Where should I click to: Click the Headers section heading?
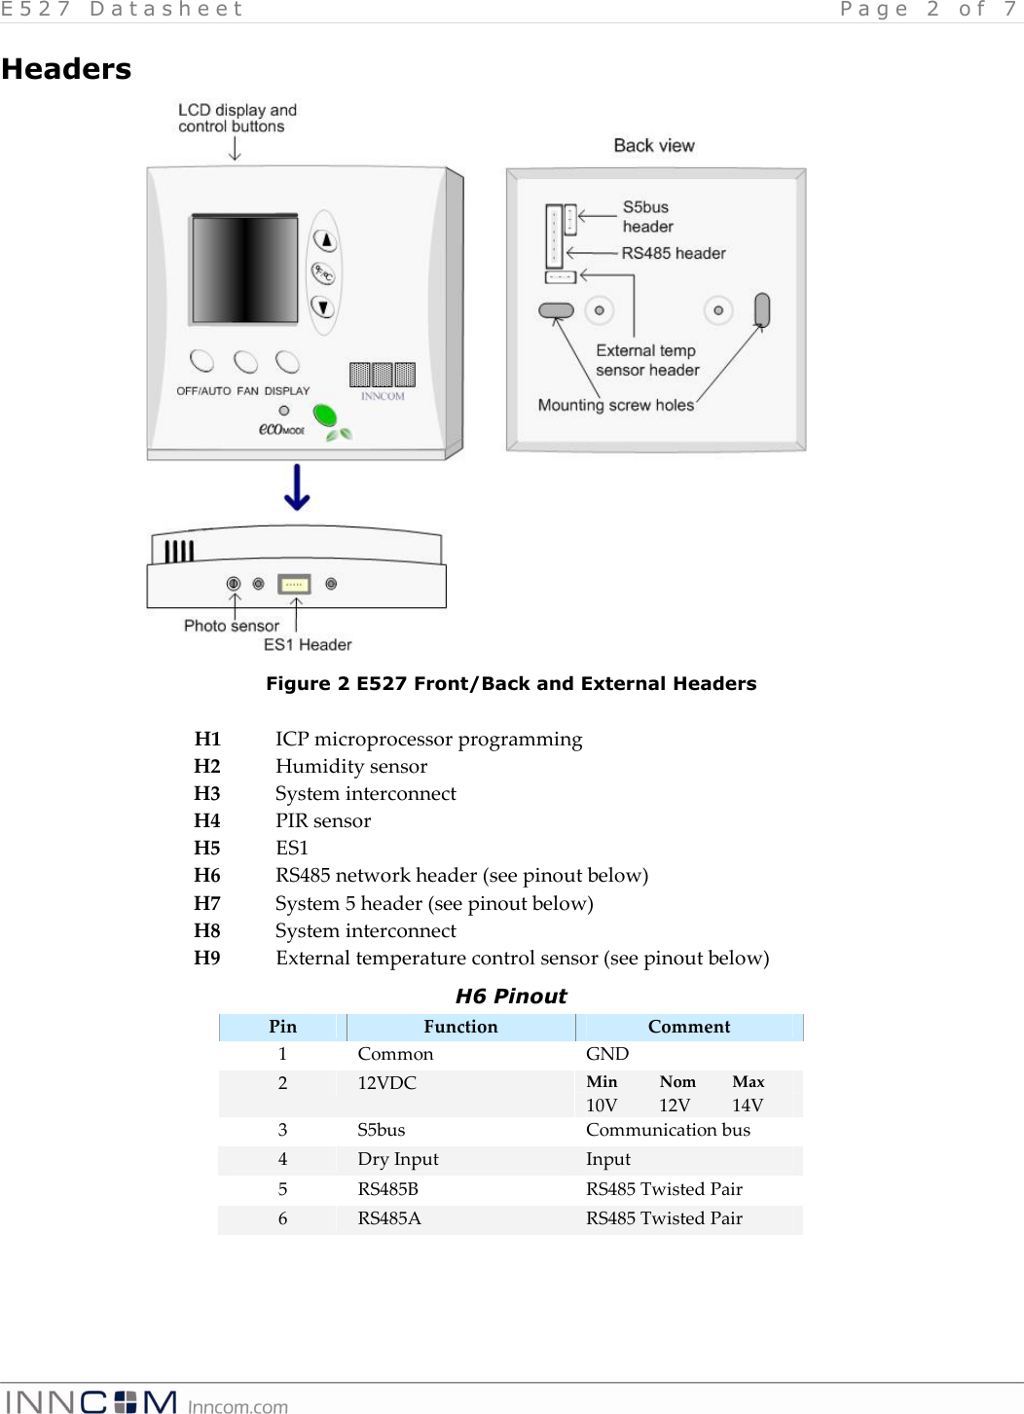coord(66,69)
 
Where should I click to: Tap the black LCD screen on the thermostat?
coord(244,270)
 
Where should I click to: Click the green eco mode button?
coord(324,417)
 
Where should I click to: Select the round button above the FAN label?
coord(245,362)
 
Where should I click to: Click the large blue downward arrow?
coord(297,488)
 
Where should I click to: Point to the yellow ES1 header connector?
coord(294,584)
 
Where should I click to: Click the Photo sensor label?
coord(231,626)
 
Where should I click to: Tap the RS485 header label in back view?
coord(674,253)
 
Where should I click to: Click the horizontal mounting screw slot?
coord(556,310)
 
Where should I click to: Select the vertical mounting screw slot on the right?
coord(762,310)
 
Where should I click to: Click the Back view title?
coord(654,146)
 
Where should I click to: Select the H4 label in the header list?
coord(207,821)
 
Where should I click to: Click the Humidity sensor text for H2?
coord(351,767)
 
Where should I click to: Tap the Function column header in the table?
coord(460,1027)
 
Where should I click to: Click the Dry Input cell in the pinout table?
coord(398,1159)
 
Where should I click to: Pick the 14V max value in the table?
coord(748,1106)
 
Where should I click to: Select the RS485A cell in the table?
coord(389,1218)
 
